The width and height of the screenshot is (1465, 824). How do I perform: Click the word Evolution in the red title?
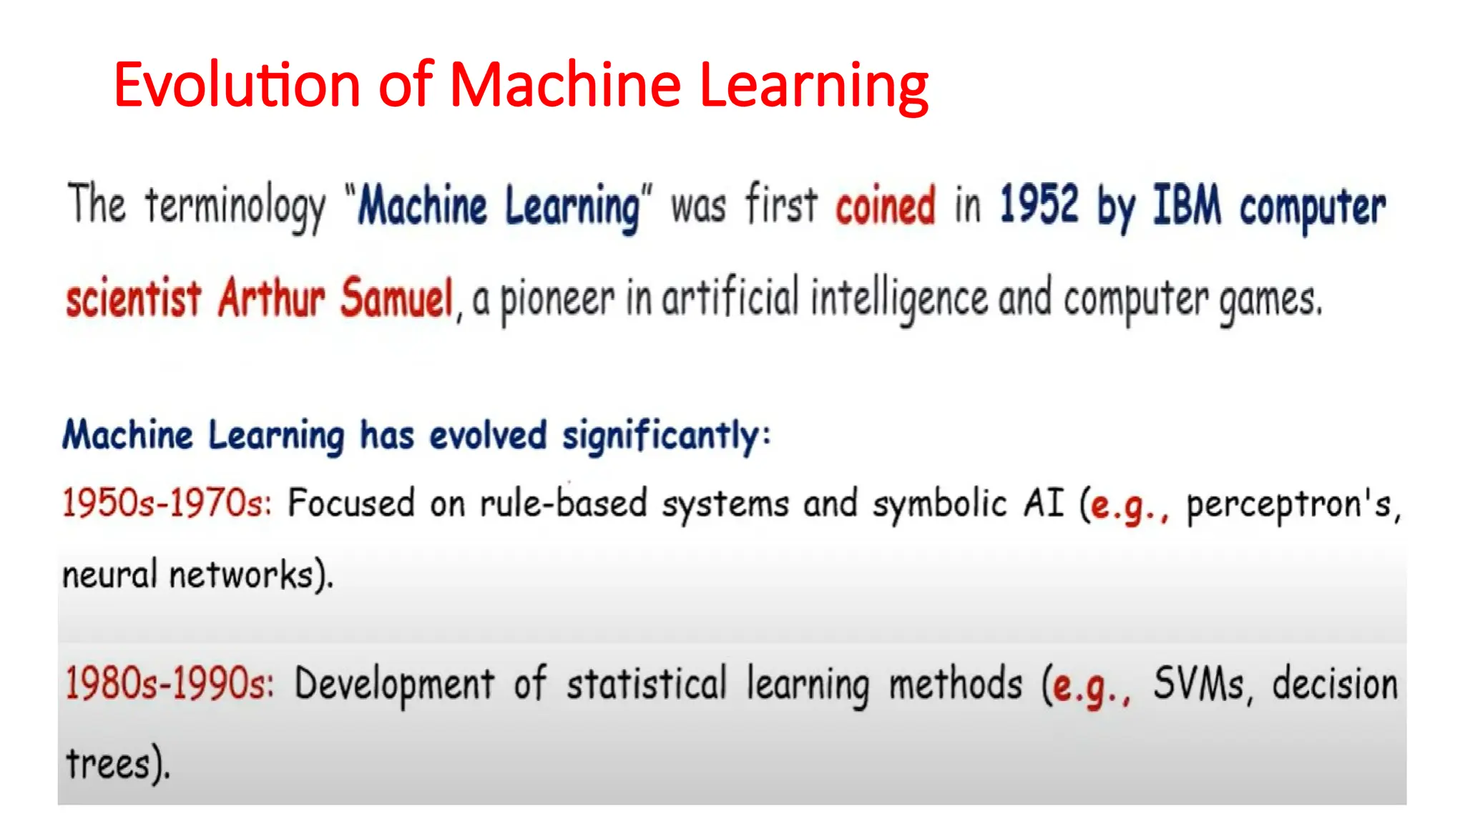[x=237, y=85]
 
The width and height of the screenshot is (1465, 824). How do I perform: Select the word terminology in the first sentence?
[x=235, y=206]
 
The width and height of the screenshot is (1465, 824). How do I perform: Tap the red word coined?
[x=885, y=206]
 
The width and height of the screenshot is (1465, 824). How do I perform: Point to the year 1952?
[x=1039, y=205]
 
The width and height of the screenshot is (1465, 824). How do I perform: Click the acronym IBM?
[x=1187, y=205]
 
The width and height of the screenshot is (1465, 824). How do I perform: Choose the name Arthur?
[x=271, y=298]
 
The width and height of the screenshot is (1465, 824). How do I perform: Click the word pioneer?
[x=557, y=300]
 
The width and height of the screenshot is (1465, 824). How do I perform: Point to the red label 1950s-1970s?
[x=167, y=502]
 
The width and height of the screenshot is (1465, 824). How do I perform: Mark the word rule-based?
[x=564, y=503]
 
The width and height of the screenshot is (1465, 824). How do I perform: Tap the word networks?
[x=241, y=574]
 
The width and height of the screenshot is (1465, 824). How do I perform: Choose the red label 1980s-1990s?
[x=170, y=683]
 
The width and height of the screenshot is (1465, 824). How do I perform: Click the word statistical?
[x=647, y=683]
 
